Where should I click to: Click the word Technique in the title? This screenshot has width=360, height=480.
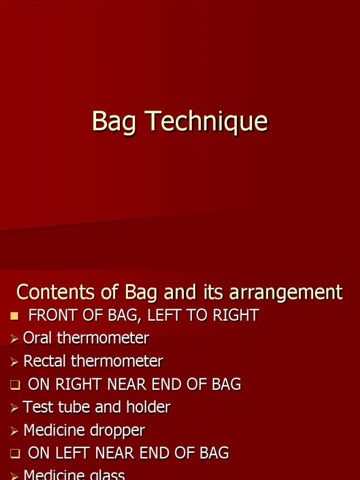208,121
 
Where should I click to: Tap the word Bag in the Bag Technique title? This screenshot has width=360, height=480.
114,122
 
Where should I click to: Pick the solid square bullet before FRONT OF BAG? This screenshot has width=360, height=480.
14,315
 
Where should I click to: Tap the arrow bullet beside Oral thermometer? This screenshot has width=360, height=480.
15,338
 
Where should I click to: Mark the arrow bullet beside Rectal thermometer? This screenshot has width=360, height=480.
15,362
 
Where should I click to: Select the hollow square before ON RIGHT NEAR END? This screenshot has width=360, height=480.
15,385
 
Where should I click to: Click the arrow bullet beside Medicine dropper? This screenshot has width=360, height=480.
15,431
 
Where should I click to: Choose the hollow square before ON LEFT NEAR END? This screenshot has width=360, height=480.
15,454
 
